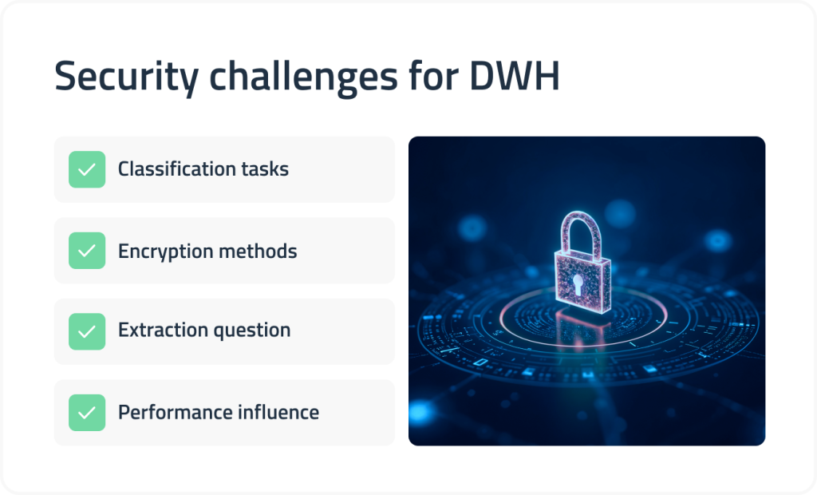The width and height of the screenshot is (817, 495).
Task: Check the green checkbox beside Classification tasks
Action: [x=87, y=169]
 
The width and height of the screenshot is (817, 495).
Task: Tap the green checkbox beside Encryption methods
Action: [x=87, y=251]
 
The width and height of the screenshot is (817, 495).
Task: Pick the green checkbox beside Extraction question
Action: [x=87, y=331]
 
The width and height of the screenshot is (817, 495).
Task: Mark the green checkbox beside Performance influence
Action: [x=87, y=412]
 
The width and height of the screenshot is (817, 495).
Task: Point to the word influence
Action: [x=276, y=412]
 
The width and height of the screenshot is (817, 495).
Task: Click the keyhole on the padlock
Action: [x=584, y=283]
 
